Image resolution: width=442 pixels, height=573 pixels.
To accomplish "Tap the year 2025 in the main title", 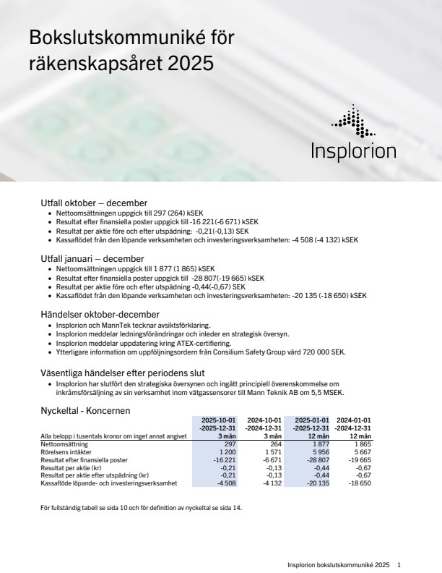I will pos(190,64).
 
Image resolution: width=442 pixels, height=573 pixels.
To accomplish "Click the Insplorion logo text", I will pos(353,151).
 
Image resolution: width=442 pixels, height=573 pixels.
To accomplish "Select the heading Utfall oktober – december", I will pos(94,203).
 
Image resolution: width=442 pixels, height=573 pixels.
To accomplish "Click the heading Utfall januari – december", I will pos(92,258).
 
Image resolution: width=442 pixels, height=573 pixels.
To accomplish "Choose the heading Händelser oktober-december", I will pos(99,314).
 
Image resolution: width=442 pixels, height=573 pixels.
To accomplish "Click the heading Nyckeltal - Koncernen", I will pos(85,410).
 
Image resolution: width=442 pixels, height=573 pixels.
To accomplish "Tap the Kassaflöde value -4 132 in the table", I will pos(269,483).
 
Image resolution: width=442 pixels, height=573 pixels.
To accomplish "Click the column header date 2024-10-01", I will pos(264,420).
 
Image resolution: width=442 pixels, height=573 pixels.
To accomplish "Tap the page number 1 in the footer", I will pos(399,564).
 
